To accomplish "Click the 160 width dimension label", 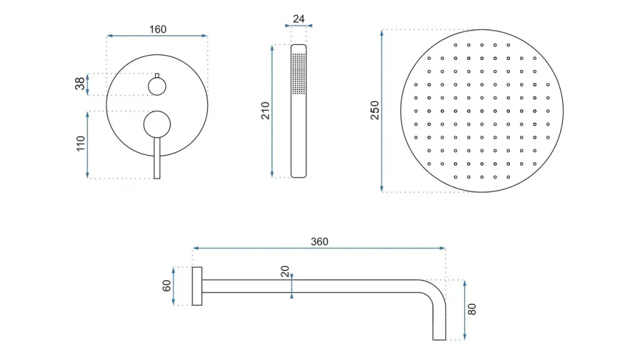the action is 157,29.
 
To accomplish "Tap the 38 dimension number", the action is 80,83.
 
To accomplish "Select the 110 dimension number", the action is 81,144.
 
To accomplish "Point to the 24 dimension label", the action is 299,19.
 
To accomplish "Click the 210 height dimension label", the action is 265,111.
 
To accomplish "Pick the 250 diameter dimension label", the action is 375,110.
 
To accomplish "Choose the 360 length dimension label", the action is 319,242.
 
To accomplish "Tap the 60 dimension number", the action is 166,286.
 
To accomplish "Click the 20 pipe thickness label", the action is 285,271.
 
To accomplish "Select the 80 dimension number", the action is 472,309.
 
